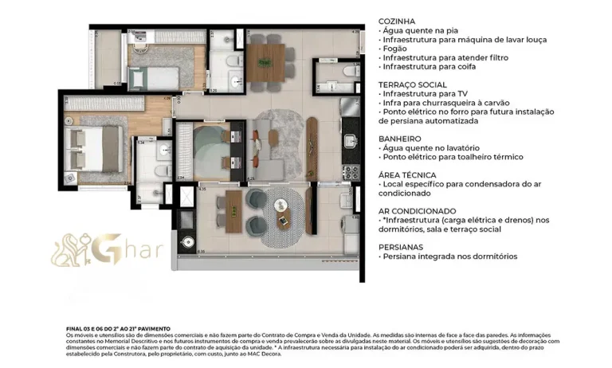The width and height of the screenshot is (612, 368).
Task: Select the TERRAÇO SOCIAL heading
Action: click(x=414, y=84)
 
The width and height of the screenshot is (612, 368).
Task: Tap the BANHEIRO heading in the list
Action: click(x=401, y=138)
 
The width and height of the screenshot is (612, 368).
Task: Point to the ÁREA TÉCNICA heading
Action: click(x=407, y=174)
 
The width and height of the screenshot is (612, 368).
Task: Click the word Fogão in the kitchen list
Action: click(x=396, y=49)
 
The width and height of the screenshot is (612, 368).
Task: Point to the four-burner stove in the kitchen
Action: click(x=350, y=171)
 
